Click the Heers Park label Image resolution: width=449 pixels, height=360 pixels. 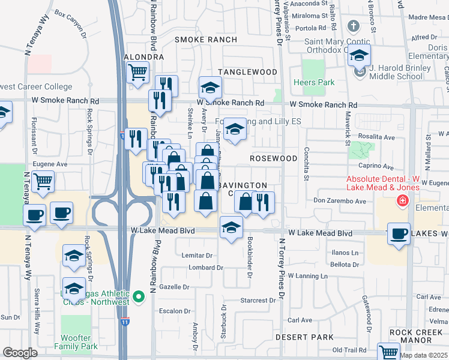[x=309, y=82]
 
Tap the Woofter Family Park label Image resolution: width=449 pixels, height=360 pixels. [x=76, y=342]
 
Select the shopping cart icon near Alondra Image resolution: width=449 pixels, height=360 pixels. [x=138, y=73]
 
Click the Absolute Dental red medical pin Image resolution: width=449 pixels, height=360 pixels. [x=403, y=200]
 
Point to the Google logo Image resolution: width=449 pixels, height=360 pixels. [x=20, y=353]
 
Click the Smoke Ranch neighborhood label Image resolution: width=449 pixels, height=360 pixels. [x=197, y=40]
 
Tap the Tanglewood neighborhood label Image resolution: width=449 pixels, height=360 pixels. [x=247, y=72]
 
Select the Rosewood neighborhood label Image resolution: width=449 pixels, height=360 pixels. [x=273, y=158]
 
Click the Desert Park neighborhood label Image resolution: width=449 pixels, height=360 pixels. [x=304, y=337]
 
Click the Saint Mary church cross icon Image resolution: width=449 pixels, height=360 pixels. [x=354, y=26]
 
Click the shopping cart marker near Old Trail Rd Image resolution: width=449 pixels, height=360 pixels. [x=388, y=353]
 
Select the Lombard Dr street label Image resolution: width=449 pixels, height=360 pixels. [x=205, y=268]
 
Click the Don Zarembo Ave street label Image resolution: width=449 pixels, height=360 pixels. [x=339, y=201]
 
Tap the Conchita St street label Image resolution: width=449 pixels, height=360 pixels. [x=306, y=163]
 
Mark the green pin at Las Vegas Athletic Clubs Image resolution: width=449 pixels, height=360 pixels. [x=139, y=296]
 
